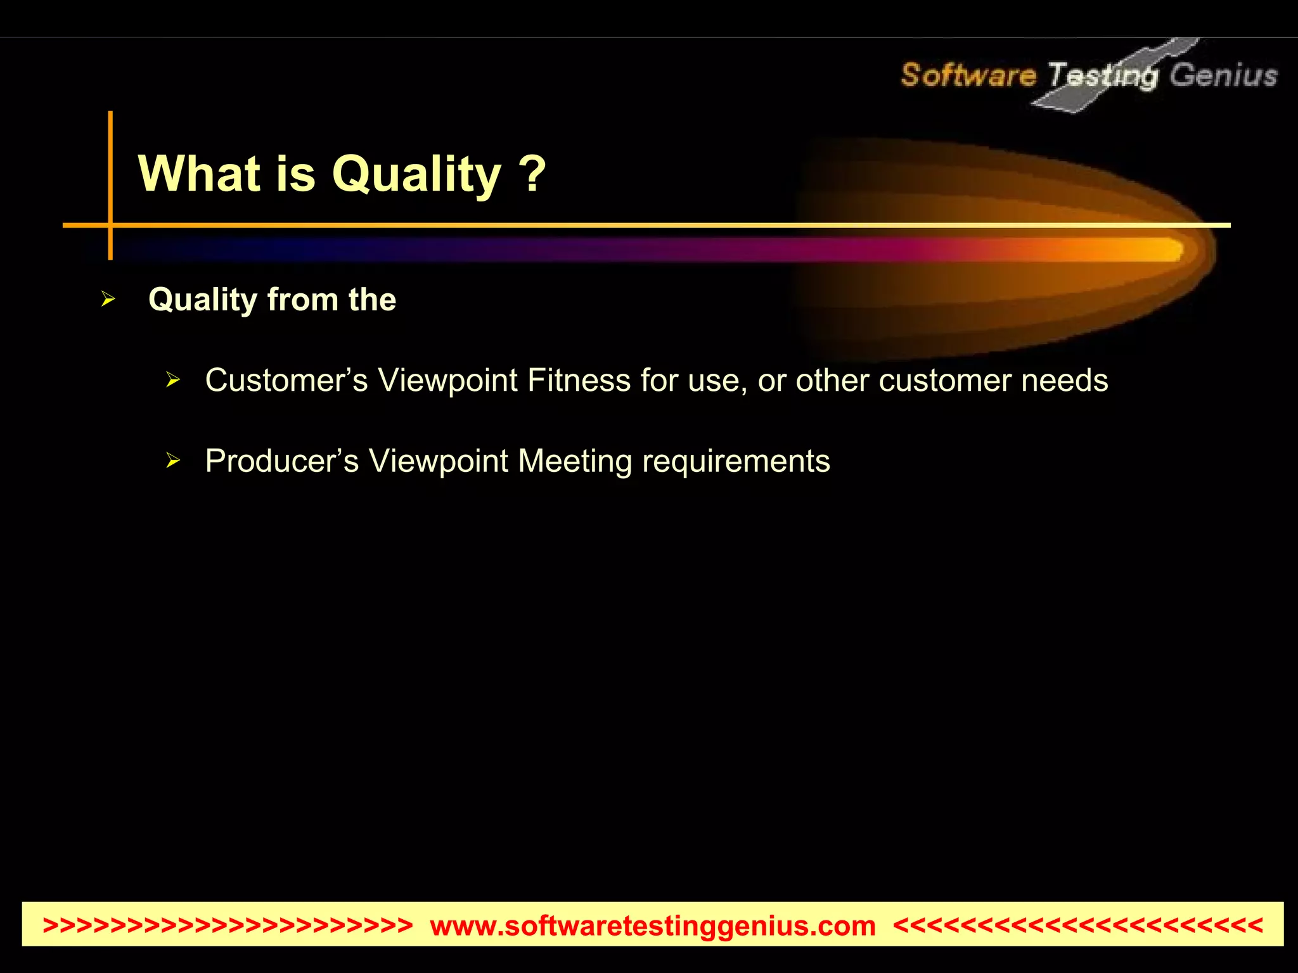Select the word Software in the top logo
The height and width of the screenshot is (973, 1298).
(x=968, y=75)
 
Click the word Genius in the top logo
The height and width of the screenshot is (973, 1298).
(x=1223, y=75)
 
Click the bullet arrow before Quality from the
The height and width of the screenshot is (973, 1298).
(x=108, y=299)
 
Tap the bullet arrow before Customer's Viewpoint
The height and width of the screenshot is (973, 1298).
(x=173, y=380)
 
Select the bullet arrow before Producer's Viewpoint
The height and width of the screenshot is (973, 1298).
(x=173, y=461)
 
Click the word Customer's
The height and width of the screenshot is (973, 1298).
(x=286, y=381)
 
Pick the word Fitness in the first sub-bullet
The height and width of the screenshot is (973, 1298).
(x=579, y=381)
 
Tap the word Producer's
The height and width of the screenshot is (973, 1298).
(x=282, y=461)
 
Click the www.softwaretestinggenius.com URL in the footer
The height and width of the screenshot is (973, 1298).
(x=653, y=925)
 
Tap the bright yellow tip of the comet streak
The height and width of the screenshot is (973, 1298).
(x=1169, y=249)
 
